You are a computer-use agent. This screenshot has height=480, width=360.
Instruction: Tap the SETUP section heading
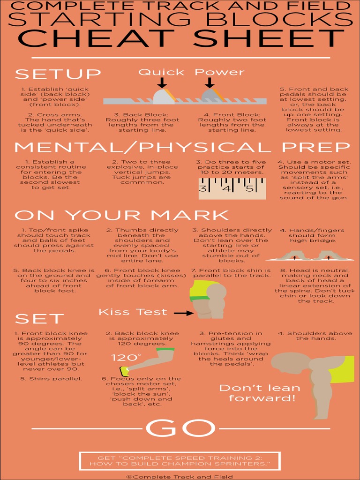(58, 74)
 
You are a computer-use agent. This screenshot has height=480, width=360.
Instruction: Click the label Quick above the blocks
(161, 72)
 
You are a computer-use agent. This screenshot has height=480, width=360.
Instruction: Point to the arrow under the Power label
(210, 82)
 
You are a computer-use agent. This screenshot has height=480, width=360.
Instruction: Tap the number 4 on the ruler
(226, 188)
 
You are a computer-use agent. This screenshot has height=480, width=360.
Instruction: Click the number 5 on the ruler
(250, 188)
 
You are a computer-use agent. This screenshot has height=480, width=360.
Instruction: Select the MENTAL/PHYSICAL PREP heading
(182, 148)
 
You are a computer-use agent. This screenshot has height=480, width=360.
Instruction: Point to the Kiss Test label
(133, 312)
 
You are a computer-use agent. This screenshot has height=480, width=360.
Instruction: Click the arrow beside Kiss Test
(183, 313)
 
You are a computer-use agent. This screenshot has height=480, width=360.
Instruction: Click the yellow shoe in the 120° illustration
(124, 371)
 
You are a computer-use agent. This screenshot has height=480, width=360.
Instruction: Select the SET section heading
(39, 319)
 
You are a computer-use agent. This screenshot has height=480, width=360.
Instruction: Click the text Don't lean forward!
(260, 393)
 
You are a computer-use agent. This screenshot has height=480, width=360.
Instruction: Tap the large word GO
(180, 428)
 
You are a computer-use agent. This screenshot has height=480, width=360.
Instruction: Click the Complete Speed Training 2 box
(180, 461)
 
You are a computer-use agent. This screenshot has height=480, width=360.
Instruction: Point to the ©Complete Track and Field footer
(180, 477)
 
